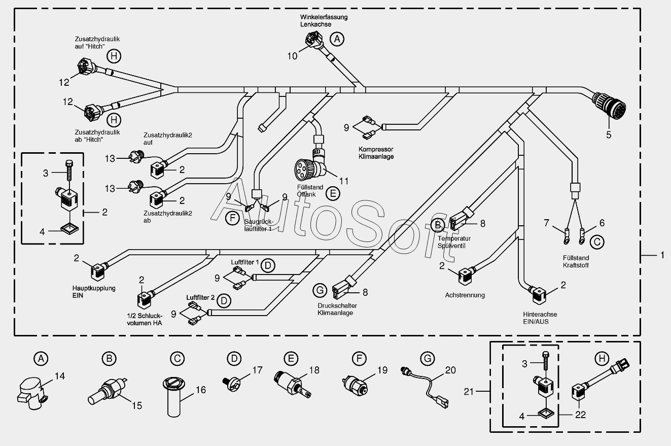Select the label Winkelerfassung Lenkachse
click(324, 21)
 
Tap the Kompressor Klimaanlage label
click(376, 153)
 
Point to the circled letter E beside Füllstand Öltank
click(333, 193)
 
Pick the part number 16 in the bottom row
click(201, 390)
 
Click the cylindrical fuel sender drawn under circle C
click(174, 397)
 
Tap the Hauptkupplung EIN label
click(94, 292)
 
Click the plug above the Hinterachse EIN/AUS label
click(538, 295)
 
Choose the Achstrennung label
click(465, 295)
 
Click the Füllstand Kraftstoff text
click(576, 261)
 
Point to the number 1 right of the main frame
click(662, 255)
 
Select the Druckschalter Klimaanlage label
click(337, 309)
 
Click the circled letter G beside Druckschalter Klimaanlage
click(320, 290)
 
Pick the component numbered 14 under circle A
click(32, 393)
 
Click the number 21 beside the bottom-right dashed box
click(469, 391)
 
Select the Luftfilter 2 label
click(200, 297)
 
